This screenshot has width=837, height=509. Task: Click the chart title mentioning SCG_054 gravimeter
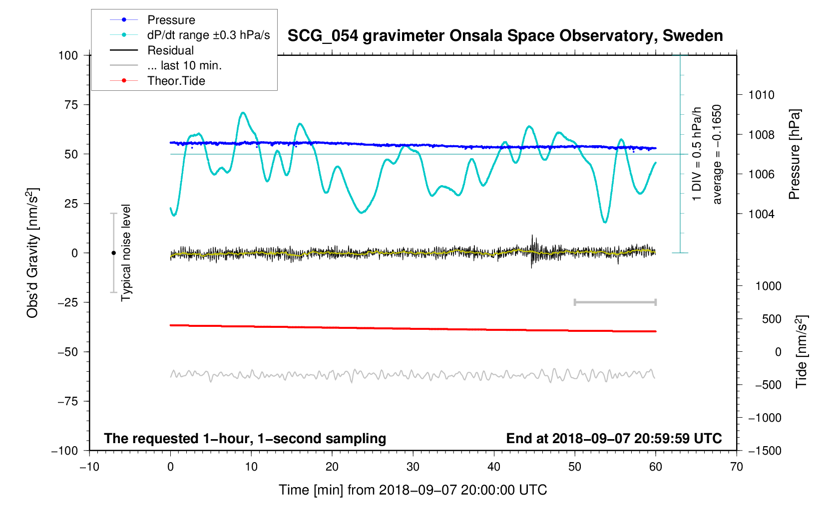[x=505, y=36]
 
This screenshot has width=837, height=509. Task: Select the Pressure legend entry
[x=171, y=20]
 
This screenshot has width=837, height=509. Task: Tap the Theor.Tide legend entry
[x=176, y=81]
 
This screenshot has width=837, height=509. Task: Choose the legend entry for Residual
[x=170, y=50]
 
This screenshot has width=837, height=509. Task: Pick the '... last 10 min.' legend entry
[x=184, y=65]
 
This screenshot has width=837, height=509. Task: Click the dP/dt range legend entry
[x=208, y=35]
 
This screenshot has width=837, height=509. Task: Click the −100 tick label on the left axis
[x=65, y=451]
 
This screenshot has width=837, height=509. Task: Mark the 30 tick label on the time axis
[x=413, y=467]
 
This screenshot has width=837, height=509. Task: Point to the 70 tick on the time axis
[x=736, y=467]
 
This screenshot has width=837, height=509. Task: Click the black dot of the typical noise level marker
[x=113, y=253]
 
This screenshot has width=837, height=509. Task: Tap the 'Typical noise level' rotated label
[x=126, y=253]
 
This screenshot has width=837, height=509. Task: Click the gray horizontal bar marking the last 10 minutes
[x=615, y=302]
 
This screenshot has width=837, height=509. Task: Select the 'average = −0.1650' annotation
[x=717, y=154]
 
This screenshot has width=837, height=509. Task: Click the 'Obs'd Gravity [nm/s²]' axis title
[x=32, y=253]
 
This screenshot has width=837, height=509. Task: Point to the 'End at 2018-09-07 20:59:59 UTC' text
[x=614, y=439]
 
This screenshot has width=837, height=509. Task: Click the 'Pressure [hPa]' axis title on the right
[x=795, y=154]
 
